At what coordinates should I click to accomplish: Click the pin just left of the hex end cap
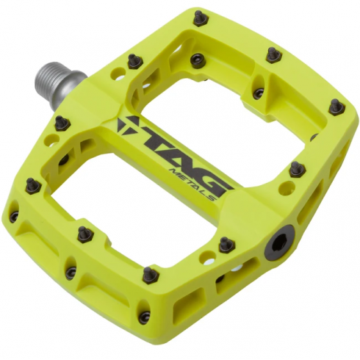click(226, 244)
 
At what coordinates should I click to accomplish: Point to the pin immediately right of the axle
click(134, 60)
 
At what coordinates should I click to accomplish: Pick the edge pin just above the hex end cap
click(297, 169)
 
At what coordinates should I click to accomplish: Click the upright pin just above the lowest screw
click(151, 274)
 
